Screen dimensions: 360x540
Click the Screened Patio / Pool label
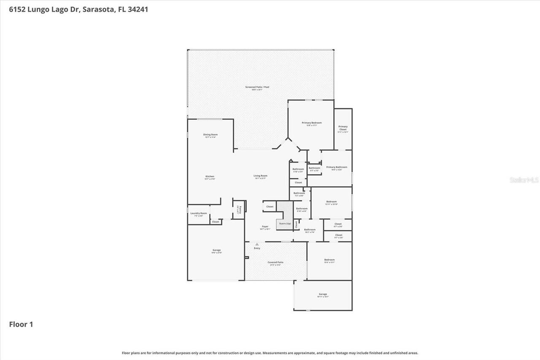[x=257, y=87]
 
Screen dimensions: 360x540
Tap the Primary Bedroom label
[x=311, y=123]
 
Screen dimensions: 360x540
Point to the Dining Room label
[x=210, y=135]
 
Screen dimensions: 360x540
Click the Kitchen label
[x=210, y=176]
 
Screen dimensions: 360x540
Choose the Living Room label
[x=260, y=176]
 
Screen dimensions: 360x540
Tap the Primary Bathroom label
[x=336, y=167]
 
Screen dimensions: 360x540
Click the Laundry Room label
[x=198, y=214]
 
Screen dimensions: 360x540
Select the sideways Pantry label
[x=239, y=210]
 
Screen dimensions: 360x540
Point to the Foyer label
[x=265, y=227]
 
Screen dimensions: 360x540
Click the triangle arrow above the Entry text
[x=257, y=244]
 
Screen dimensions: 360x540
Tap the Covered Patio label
[x=275, y=263]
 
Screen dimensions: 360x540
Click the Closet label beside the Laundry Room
[x=216, y=222]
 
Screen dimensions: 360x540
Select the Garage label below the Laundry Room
[x=216, y=250]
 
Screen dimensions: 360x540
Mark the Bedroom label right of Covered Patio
[x=329, y=260]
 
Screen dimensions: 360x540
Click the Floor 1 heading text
[x=21, y=325]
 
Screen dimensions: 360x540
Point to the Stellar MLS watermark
[x=524, y=180]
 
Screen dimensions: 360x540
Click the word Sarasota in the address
[x=100, y=9]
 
